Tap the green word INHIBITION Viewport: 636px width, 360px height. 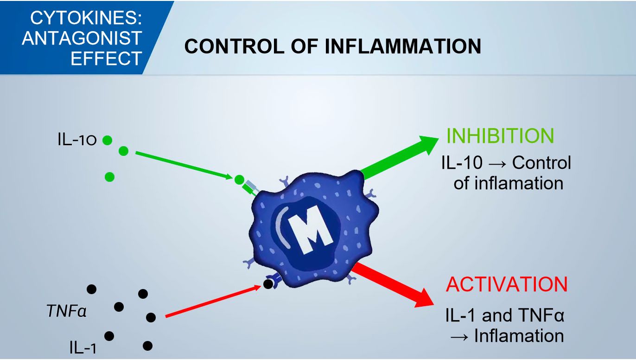(500, 135)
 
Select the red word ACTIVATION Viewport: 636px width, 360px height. (507, 284)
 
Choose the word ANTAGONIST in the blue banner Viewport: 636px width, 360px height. (82, 39)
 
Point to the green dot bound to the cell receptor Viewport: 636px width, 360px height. (239, 180)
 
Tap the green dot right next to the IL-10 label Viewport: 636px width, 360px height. (107, 140)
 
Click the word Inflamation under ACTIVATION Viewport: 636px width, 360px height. (519, 336)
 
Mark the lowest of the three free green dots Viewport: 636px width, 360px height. (110, 176)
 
